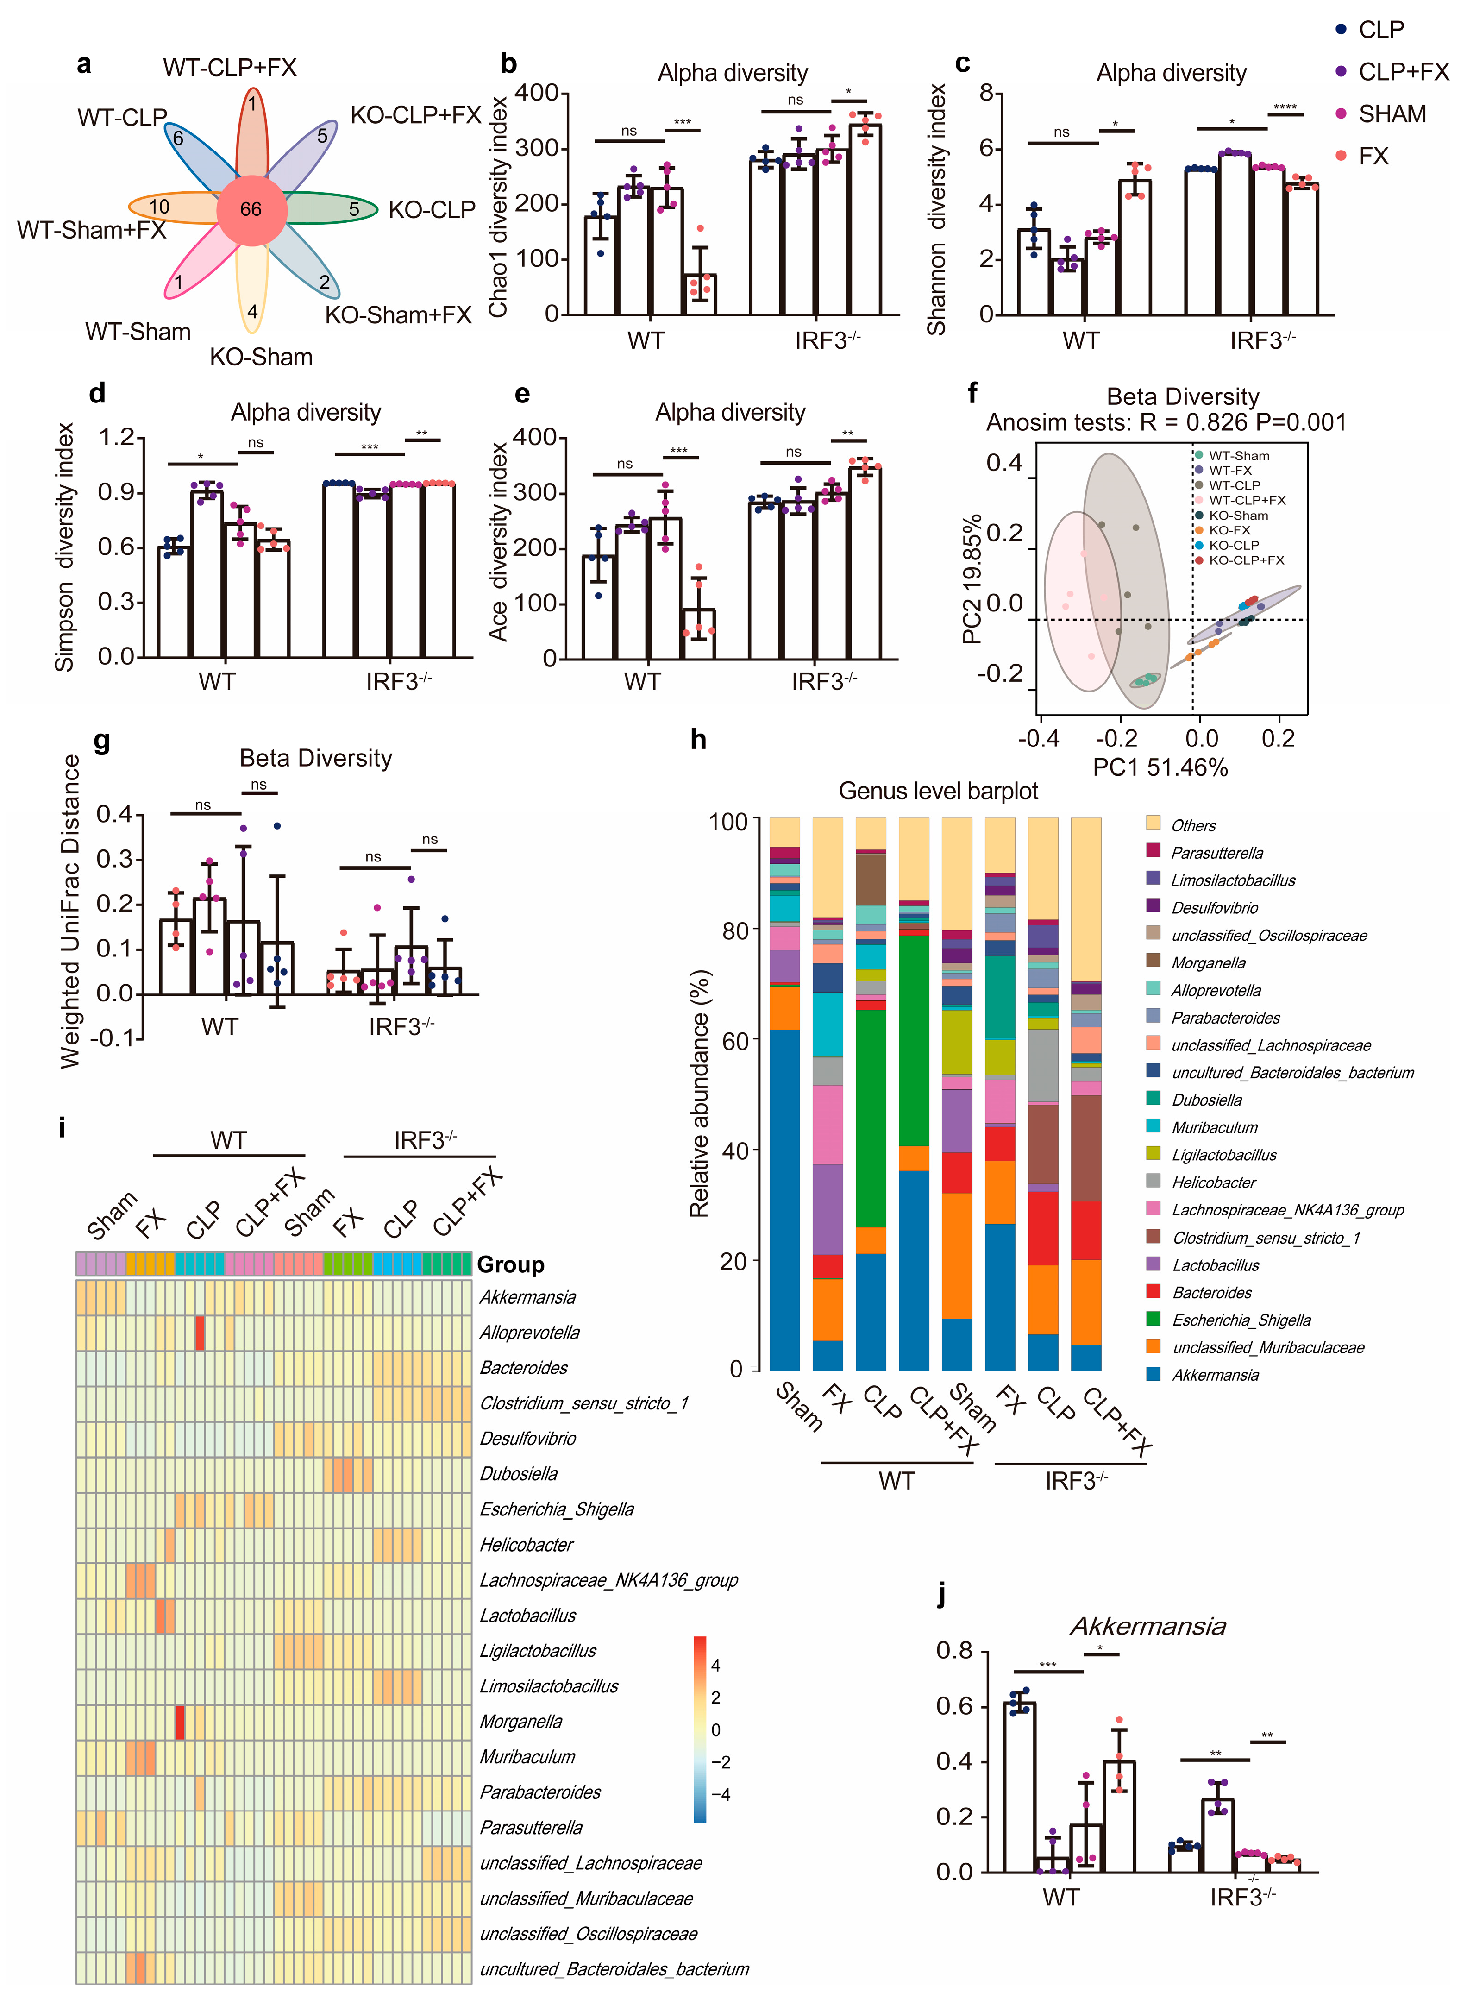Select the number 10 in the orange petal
click(159, 207)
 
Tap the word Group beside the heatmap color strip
click(511, 1265)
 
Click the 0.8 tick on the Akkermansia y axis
click(955, 1651)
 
